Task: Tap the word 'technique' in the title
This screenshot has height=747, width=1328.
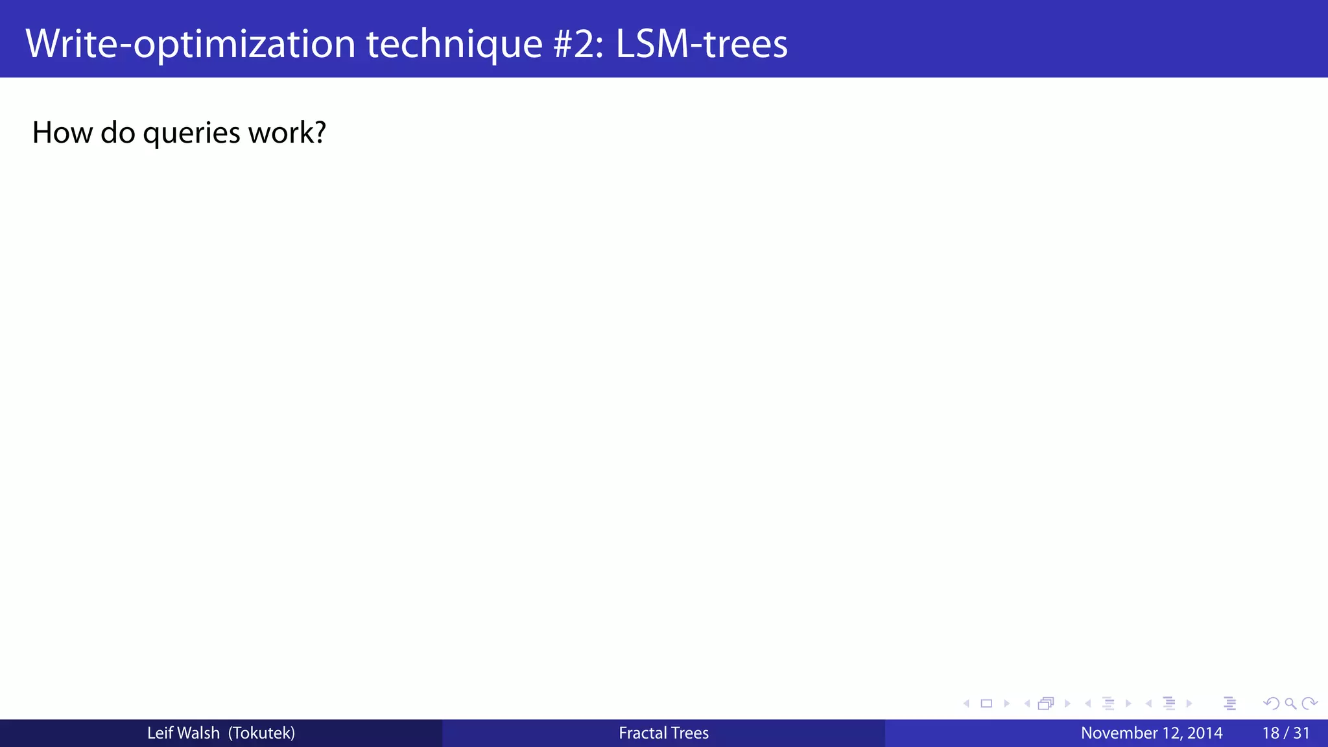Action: (455, 43)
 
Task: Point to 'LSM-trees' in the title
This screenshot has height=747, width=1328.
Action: (702, 43)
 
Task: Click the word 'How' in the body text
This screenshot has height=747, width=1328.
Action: (62, 132)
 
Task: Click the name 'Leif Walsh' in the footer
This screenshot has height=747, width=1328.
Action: (184, 733)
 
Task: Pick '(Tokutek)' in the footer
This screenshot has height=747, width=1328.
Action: (262, 733)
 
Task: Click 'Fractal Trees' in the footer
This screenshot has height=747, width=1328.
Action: (663, 733)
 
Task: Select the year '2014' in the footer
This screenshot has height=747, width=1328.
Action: (1205, 733)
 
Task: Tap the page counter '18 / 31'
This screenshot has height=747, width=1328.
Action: (1286, 733)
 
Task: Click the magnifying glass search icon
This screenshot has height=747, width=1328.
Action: (1290, 704)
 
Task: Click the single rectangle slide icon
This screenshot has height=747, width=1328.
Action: (986, 704)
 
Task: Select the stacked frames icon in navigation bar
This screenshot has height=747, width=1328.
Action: (1046, 704)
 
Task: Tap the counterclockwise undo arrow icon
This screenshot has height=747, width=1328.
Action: (1271, 704)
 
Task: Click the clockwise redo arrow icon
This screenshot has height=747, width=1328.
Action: (1309, 704)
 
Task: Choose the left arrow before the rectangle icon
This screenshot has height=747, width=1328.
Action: (966, 704)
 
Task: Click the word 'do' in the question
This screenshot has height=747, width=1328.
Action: (117, 132)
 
